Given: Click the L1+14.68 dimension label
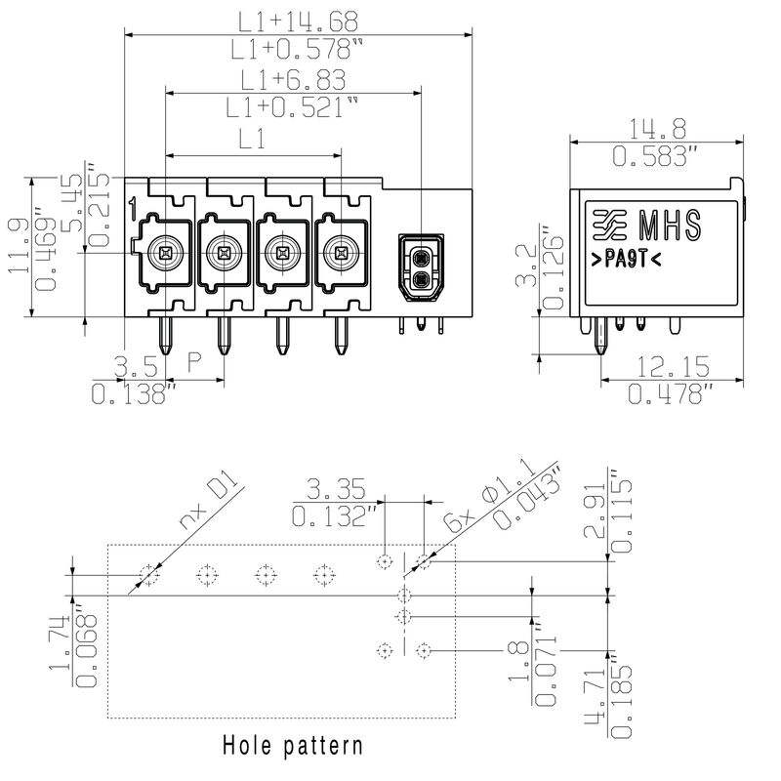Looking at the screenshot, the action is click(x=298, y=21).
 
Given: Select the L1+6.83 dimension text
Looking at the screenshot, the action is click(x=293, y=80).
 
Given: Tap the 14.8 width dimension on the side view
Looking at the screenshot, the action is click(x=657, y=129).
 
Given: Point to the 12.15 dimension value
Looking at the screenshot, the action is click(x=674, y=367).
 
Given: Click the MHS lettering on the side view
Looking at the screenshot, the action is click(x=671, y=226).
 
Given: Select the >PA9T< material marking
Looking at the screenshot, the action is click(x=626, y=260).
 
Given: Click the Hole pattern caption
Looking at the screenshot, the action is click(x=293, y=745).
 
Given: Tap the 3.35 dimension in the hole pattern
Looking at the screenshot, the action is click(x=335, y=489).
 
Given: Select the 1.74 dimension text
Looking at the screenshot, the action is click(x=60, y=642).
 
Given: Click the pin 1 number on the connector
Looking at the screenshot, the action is click(x=133, y=209).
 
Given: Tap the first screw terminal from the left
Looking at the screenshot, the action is click(x=165, y=253).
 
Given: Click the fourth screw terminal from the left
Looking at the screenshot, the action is click(x=341, y=253).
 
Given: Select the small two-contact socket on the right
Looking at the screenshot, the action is click(x=421, y=267).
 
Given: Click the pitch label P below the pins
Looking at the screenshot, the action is click(x=194, y=362).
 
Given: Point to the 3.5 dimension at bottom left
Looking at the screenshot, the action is click(x=136, y=367).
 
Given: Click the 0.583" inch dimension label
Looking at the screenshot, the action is click(x=655, y=156).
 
